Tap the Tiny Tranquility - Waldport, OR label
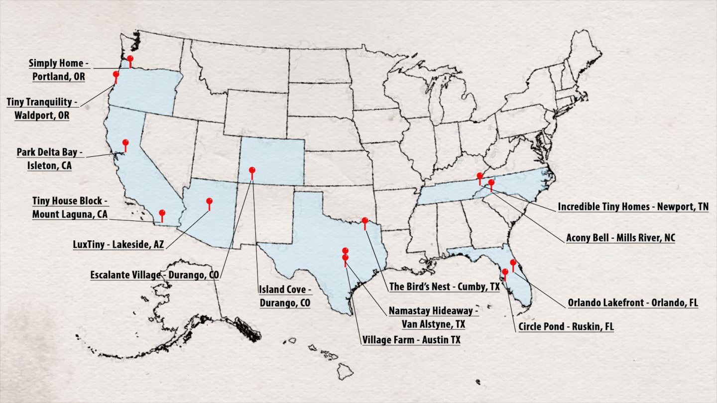point(42,108)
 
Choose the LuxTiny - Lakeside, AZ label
point(118,244)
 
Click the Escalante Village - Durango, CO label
point(154,275)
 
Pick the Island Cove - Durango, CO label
point(285,296)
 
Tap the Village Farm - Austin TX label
point(411,340)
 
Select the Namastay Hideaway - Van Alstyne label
point(433,317)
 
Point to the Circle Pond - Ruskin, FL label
point(566,327)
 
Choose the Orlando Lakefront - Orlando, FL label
point(633,302)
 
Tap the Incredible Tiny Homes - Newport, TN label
point(633,206)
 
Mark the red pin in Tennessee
point(479,176)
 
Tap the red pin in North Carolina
point(491,183)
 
